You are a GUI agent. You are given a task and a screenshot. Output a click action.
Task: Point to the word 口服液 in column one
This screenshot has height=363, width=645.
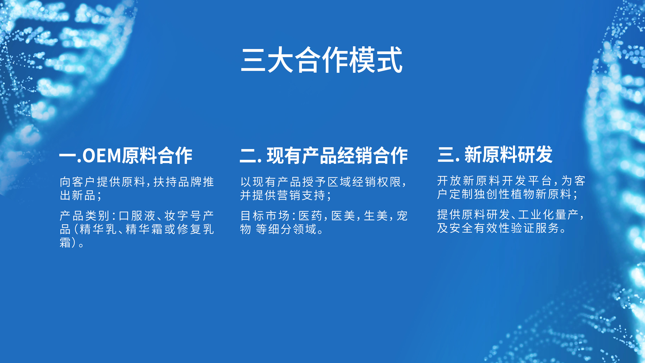coord(137,216)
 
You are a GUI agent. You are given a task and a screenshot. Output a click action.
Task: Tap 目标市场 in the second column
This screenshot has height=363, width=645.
coord(265,216)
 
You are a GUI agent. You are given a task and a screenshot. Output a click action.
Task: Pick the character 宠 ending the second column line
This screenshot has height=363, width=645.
coord(402,216)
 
